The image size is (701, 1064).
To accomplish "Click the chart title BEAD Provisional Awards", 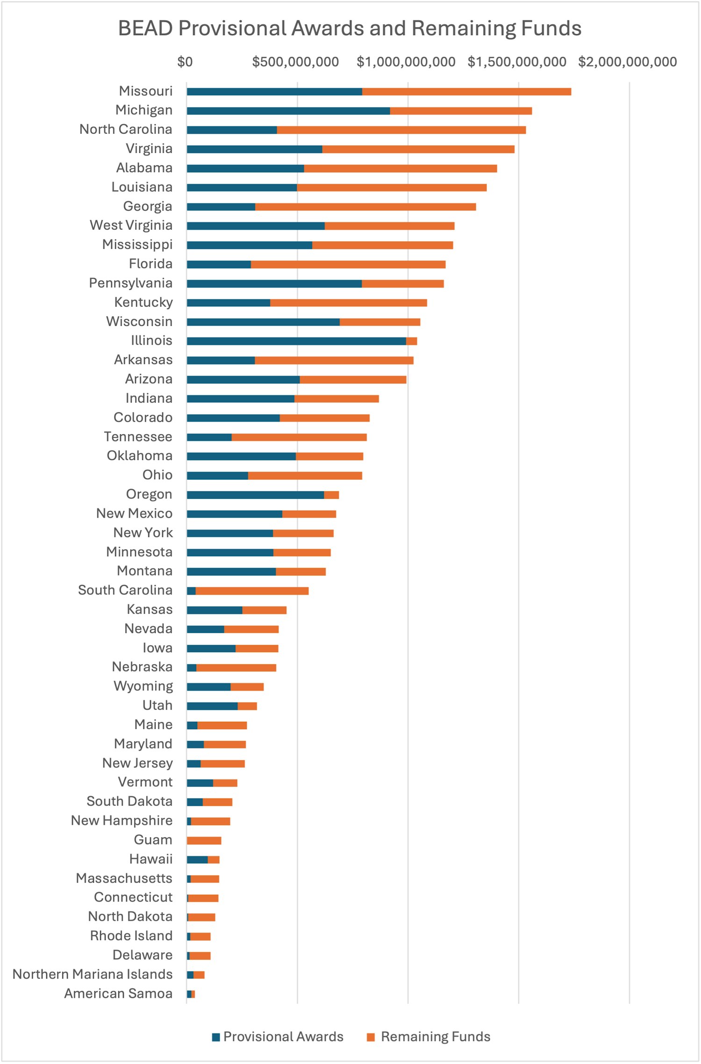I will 350,29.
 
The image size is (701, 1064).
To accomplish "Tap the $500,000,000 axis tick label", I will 295,62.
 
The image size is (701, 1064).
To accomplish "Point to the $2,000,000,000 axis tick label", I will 627,62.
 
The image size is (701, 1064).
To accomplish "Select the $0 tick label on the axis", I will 185,62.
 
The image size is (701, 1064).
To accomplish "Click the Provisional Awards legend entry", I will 278,1036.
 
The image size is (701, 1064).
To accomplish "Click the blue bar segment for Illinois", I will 296,341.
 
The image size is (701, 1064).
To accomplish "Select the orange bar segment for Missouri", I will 466,92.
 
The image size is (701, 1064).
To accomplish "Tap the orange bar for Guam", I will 204,841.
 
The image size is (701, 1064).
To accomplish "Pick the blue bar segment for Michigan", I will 288,111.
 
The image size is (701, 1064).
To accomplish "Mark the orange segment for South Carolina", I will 252,591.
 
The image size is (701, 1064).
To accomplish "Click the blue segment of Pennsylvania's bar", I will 274,284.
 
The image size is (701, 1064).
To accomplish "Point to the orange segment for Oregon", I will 331,495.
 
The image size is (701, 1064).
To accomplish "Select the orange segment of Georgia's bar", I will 365,207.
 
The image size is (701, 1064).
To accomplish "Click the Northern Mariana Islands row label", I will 93,974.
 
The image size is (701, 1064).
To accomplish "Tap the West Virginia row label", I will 131,225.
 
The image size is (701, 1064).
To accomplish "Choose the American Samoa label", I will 118,993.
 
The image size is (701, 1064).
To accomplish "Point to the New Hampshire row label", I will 122,820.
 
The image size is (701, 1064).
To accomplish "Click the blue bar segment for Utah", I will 212,706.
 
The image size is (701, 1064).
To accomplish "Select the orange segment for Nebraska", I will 236,668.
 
